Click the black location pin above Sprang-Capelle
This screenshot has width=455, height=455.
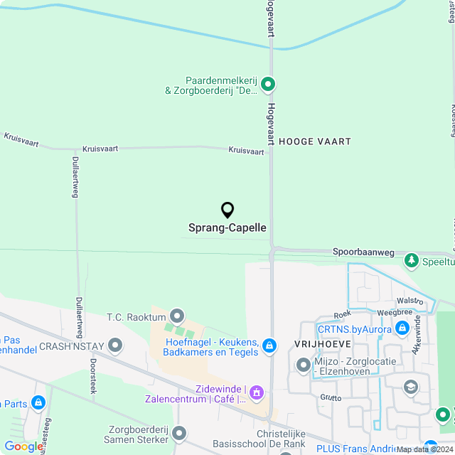(x=227, y=210)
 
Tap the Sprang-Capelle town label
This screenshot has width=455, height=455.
(x=227, y=228)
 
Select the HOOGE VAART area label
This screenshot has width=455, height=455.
(x=315, y=141)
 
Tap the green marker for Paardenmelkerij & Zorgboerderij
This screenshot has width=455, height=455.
(x=268, y=85)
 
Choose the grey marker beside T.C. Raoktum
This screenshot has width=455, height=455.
(x=177, y=316)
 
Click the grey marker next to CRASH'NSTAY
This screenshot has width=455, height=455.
(x=115, y=346)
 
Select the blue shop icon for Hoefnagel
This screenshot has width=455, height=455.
(x=269, y=346)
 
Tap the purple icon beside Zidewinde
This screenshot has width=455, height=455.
(x=257, y=392)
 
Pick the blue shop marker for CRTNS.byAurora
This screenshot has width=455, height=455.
(x=402, y=328)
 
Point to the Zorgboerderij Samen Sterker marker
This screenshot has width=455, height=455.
(x=178, y=432)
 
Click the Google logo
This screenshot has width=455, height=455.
(x=23, y=446)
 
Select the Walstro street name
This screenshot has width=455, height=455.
(x=410, y=301)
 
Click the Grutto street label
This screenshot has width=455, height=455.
(x=331, y=397)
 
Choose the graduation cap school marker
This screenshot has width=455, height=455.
(x=410, y=387)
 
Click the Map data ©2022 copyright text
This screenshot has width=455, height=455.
(x=424, y=449)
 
